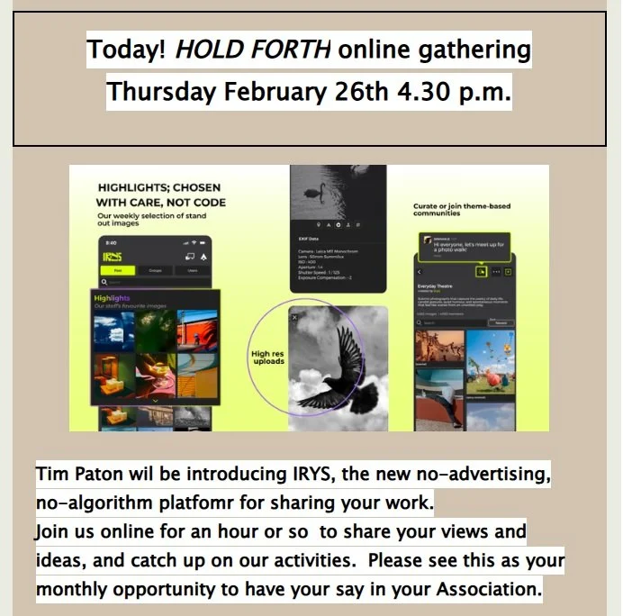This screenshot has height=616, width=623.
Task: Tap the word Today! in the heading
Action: [126, 50]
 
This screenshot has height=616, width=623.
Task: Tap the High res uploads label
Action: [268, 358]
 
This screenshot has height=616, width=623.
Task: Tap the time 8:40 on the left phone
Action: [111, 242]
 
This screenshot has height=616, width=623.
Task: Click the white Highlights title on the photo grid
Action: [112, 298]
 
